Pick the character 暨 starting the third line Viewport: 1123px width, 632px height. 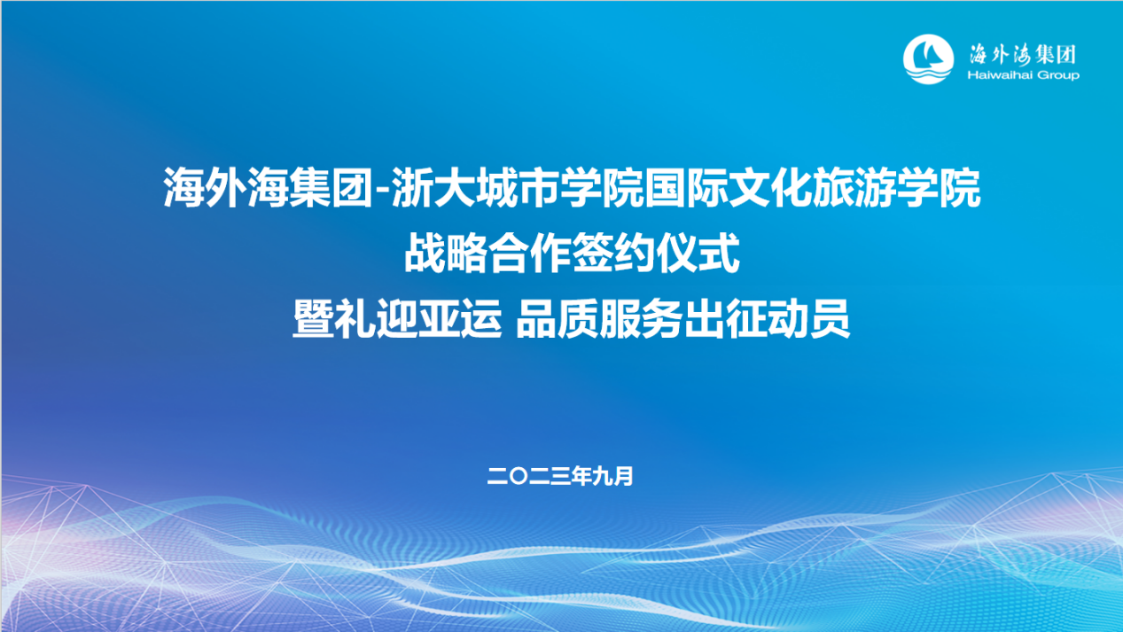tap(313, 321)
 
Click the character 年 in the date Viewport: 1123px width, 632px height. tap(581, 477)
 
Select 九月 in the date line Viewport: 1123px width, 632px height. tap(614, 477)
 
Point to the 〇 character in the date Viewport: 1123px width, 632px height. tap(517, 477)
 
